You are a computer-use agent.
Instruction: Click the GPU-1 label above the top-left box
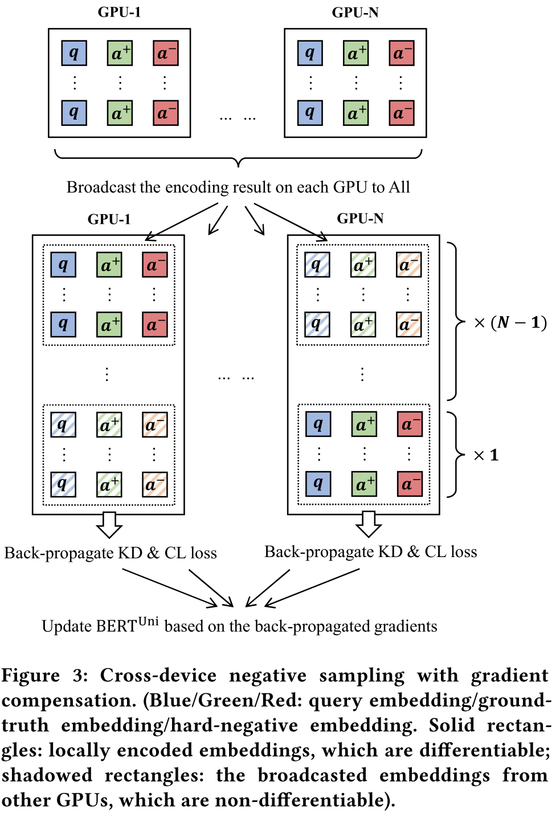(119, 12)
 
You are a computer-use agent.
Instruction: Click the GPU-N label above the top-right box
(355, 12)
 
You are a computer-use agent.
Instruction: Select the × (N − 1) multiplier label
(510, 322)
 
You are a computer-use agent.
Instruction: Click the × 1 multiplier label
(486, 455)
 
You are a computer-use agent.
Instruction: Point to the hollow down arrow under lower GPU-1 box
(109, 525)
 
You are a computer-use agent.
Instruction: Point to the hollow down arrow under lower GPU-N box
(369, 524)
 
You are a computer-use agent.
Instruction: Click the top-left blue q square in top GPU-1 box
(74, 53)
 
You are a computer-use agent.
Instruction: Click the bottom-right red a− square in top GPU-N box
(401, 113)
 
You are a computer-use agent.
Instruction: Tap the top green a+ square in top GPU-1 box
(120, 53)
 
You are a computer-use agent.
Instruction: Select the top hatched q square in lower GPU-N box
(317, 265)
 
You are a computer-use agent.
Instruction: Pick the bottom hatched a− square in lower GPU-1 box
(154, 485)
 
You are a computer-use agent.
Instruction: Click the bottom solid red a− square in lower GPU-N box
(410, 484)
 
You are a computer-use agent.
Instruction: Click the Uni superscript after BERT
(148, 621)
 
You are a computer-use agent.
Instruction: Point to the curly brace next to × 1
(455, 455)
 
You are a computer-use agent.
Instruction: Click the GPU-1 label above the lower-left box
(109, 219)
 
